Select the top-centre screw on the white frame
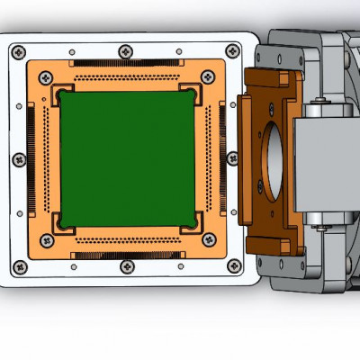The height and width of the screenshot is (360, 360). coord(124,50)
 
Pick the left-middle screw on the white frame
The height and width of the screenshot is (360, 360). coord(17,159)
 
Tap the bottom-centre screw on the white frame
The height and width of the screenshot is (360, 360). coord(126,267)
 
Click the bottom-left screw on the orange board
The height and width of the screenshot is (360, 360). coord(43,240)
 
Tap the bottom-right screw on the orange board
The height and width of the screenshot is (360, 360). coord(209,240)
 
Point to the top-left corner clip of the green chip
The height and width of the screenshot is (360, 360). coord(63,94)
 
